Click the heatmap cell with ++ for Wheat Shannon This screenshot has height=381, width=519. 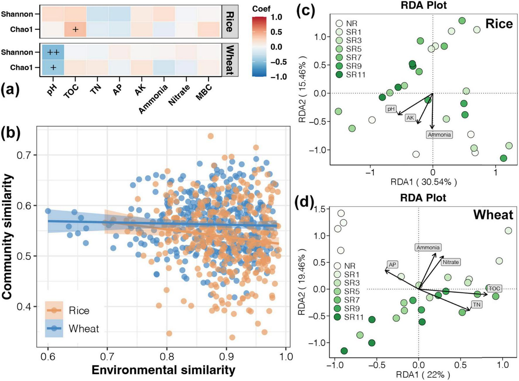coord(53,52)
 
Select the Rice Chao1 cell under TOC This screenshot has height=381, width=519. coord(75,29)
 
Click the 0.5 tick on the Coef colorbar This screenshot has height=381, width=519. coord(276,32)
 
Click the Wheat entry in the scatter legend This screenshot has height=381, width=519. coord(84,329)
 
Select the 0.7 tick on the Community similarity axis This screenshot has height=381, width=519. coord(24,155)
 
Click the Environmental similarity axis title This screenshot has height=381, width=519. coord(163,370)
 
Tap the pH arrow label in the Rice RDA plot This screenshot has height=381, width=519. coord(391,109)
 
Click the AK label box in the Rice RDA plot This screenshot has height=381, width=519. coord(410,118)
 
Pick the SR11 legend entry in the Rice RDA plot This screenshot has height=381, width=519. coord(356,75)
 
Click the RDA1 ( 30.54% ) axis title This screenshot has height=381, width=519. coord(424,182)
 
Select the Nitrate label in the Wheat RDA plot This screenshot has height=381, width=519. coord(450,262)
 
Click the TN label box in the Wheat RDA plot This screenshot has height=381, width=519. coord(477,305)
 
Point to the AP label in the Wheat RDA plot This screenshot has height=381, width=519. coord(392,265)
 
